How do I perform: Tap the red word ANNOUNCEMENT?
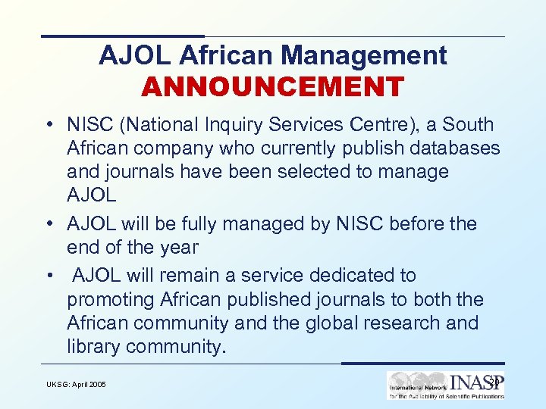(x=272, y=86)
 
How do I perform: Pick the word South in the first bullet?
(x=468, y=125)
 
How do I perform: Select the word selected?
(x=308, y=171)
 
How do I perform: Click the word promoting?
(x=111, y=299)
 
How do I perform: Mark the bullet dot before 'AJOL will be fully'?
(x=48, y=224)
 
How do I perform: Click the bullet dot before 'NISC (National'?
(x=48, y=125)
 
